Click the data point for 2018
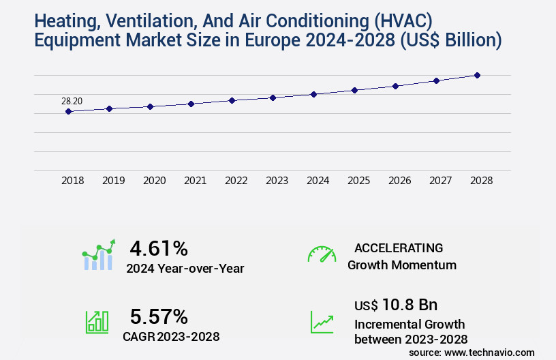click(68, 111)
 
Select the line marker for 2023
click(273, 97)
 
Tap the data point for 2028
click(477, 75)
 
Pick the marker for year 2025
click(354, 90)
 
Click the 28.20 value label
click(72, 101)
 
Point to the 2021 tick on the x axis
click(195, 181)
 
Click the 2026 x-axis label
click(399, 181)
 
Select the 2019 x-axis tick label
click(113, 181)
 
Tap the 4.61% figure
click(158, 247)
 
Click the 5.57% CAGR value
click(158, 316)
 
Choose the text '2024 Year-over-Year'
click(185, 269)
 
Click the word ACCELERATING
click(399, 247)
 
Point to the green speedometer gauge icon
click(322, 254)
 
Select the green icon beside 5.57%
click(97, 322)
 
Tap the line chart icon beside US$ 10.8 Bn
click(322, 322)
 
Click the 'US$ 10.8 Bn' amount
click(396, 304)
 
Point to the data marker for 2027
click(436, 80)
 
